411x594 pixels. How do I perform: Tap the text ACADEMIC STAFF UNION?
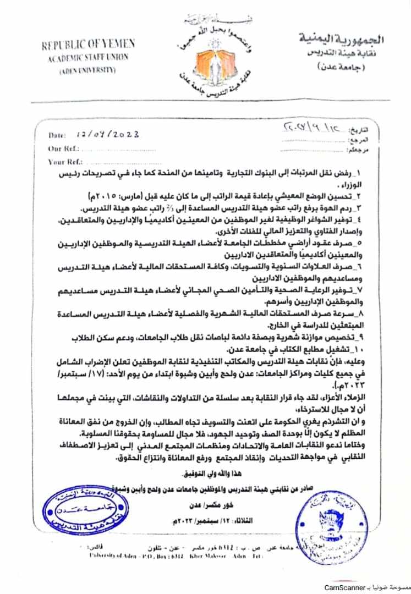tap(89, 58)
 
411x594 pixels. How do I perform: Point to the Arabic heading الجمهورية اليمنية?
tap(341, 39)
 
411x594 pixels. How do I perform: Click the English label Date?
tap(57, 135)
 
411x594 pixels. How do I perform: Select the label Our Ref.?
tap(64, 148)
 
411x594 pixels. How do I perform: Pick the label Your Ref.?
tap(65, 162)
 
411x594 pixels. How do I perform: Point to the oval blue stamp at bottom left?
tap(76, 511)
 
